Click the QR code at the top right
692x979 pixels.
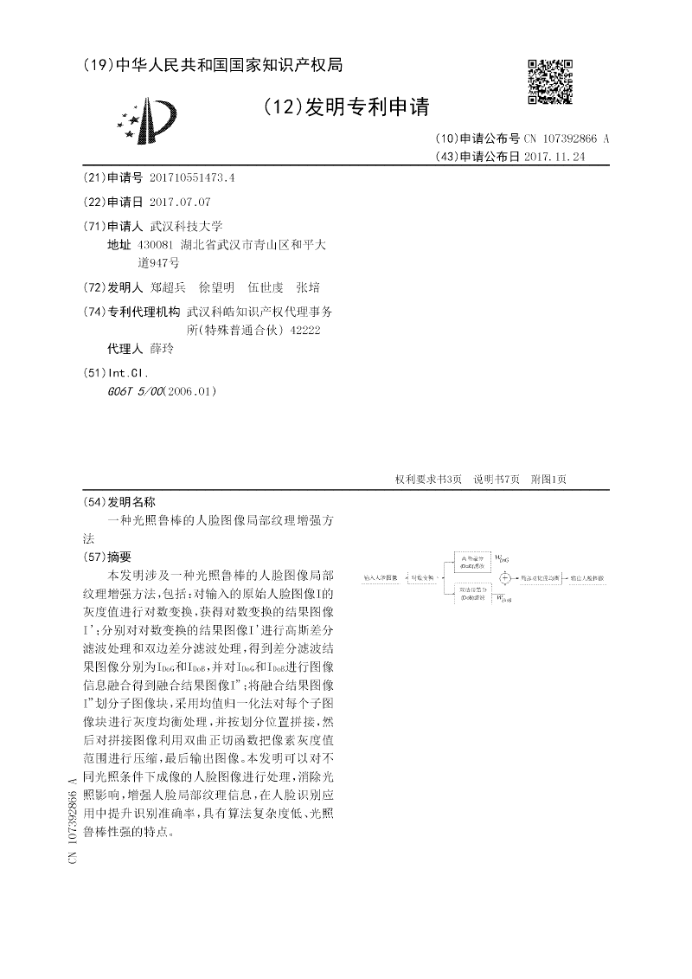coord(550,82)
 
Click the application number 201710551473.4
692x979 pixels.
coord(192,177)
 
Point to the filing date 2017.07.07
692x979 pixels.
coord(179,202)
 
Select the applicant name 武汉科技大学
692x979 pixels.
coord(187,225)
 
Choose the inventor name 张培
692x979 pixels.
coord(308,287)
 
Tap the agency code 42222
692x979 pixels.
coord(306,330)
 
